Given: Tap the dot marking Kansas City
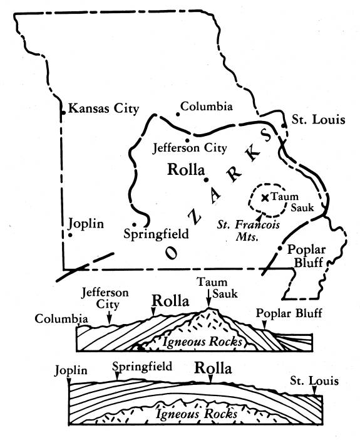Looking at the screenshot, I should [63, 113].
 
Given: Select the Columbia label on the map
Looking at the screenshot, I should [207, 107].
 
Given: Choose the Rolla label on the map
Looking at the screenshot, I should [186, 170].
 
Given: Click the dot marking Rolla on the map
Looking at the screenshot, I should [206, 180].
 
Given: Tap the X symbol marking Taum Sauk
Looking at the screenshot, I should [265, 197].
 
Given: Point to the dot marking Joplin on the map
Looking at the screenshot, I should [71, 236].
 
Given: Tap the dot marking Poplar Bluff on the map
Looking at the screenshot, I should [279, 249].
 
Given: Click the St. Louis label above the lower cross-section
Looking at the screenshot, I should [314, 380].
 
